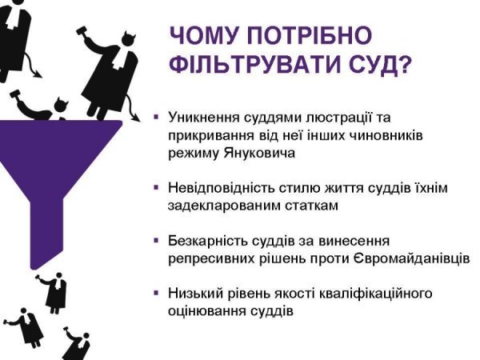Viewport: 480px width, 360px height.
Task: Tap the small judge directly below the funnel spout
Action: pyautogui.click(x=54, y=291)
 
